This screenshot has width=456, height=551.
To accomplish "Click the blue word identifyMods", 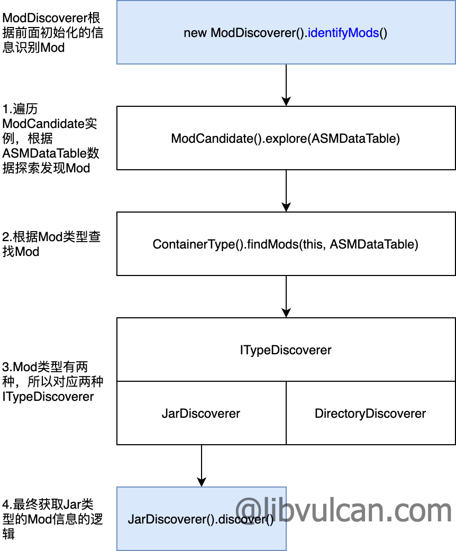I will (343, 33).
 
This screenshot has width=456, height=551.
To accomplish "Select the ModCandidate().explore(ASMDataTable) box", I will (286, 138).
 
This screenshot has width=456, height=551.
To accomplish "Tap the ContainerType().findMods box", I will (286, 244).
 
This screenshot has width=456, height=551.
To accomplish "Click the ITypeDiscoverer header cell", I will (286, 350).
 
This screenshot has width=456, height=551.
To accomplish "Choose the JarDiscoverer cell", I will (201, 413).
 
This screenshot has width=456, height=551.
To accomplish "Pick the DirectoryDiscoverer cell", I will (370, 413).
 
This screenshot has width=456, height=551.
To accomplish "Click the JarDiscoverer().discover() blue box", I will (201, 519).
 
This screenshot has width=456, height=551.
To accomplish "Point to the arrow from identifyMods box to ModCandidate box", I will (286, 85).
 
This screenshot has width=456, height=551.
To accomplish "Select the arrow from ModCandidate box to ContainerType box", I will (286, 190).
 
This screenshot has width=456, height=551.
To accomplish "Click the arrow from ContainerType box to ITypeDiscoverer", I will (286, 296).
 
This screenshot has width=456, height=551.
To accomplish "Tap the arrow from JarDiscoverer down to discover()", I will (201, 465).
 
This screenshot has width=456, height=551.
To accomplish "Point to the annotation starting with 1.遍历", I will (51, 139).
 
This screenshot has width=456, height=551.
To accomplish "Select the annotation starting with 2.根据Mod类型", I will (51, 244).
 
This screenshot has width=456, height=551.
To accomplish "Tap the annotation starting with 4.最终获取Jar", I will (52, 519).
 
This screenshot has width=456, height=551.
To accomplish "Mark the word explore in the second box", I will (286, 139).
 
